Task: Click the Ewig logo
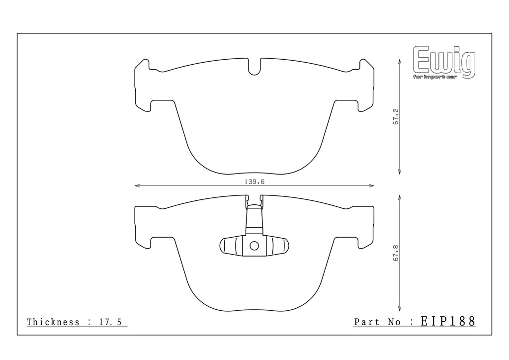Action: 444,62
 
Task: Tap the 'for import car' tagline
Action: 435,77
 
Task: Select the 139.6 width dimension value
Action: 254,182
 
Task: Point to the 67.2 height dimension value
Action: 396,117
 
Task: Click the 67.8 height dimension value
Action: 396,253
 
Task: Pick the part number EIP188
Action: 448,321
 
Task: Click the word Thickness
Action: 53,322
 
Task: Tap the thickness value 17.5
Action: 110,322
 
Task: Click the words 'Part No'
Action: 377,322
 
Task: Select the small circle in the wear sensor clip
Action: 254,246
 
